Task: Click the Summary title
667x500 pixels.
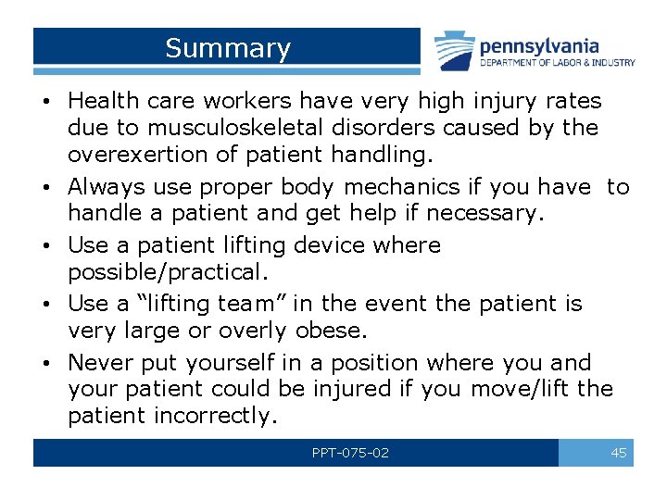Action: [x=227, y=48]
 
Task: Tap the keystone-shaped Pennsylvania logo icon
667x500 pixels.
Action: [x=455, y=50]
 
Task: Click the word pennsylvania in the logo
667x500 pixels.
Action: [x=538, y=45]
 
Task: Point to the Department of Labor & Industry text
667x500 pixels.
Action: [x=557, y=63]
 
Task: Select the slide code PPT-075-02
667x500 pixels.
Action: [x=350, y=453]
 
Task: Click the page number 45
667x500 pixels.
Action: [x=619, y=453]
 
